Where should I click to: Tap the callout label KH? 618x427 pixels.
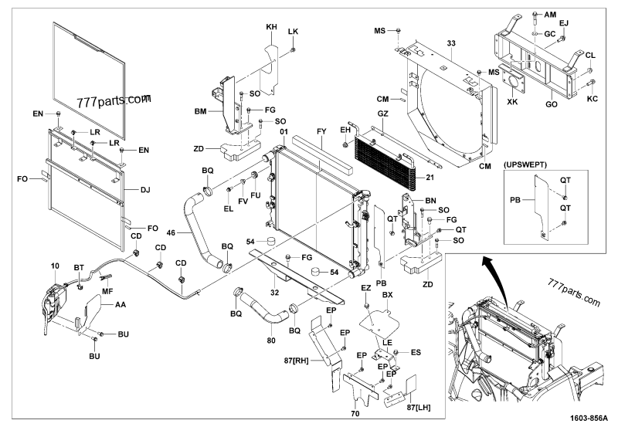pyautogui.click(x=270, y=27)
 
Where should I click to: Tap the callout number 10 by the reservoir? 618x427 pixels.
pyautogui.click(x=55, y=266)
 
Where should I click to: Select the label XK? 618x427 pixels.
pyautogui.click(x=511, y=101)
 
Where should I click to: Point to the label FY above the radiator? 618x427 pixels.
pyautogui.click(x=321, y=133)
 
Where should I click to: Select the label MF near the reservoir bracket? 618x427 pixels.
pyautogui.click(x=108, y=292)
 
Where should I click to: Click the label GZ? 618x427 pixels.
pyautogui.click(x=382, y=114)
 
